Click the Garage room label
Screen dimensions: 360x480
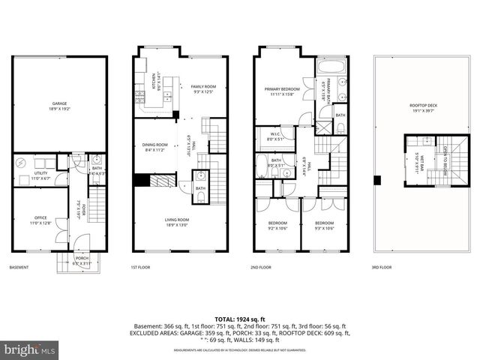[59, 104]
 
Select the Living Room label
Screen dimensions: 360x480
[177, 221]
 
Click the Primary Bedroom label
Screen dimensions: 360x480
[281, 90]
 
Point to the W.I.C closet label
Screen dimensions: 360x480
[277, 136]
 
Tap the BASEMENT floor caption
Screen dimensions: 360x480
[19, 268]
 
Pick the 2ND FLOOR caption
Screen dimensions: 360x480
[261, 268]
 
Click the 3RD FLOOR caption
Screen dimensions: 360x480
[381, 268]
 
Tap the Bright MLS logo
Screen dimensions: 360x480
[29, 349]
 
